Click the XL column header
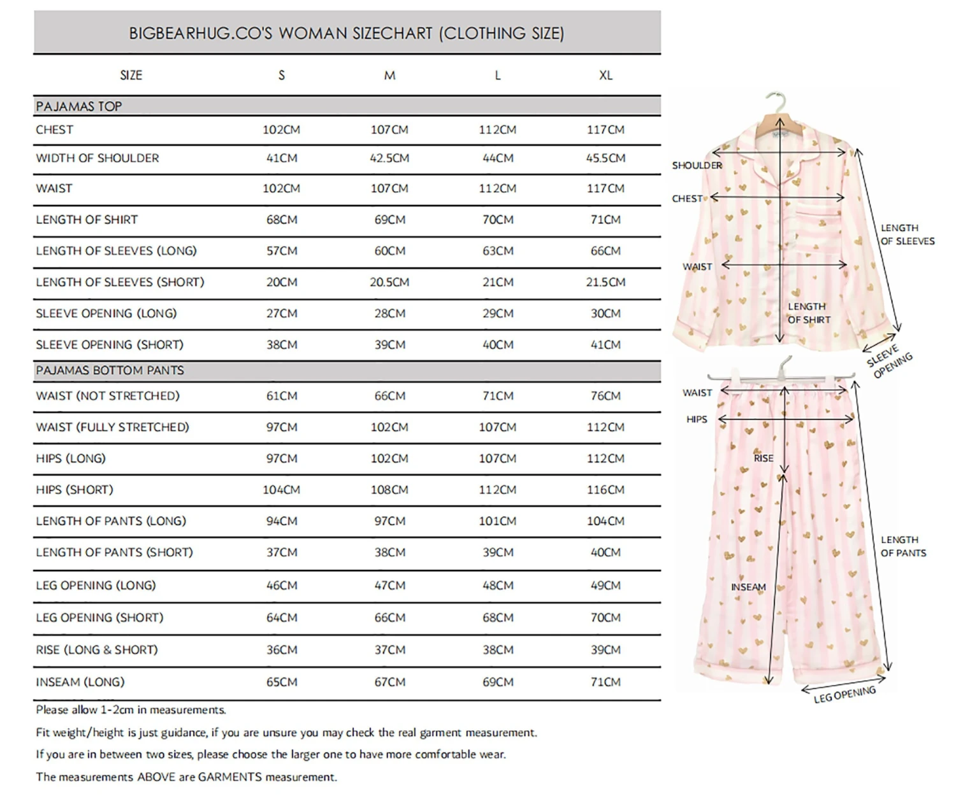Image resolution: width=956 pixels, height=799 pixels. pos(605,75)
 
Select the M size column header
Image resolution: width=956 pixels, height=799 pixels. pos(389,75)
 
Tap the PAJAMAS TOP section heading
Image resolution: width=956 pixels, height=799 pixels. pos(79,106)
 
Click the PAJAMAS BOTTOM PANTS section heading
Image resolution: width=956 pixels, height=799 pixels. pos(110,371)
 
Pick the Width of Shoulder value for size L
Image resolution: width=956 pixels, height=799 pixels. pos(498,158)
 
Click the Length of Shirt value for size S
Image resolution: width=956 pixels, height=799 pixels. pos(282,220)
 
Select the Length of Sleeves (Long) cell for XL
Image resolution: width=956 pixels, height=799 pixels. pos(605,251)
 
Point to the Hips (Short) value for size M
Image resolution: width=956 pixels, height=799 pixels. pos(389,490)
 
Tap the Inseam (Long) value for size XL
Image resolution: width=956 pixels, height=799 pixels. pos(605,682)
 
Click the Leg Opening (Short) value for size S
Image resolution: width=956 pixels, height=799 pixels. pos(282,618)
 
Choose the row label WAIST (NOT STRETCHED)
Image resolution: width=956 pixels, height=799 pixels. pos(108,396)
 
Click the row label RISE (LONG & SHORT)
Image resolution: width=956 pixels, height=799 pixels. pos(97,650)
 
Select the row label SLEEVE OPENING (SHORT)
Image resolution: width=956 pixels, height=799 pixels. pos(110,344)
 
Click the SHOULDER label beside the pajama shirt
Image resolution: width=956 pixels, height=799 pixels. pos(697,166)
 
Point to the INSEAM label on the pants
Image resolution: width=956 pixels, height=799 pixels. pos(748,587)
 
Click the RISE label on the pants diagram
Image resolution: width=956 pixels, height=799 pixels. pos(763,458)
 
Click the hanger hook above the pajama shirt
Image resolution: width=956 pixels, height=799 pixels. pos(778,102)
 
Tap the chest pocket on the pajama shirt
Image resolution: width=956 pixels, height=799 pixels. pos(819,223)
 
